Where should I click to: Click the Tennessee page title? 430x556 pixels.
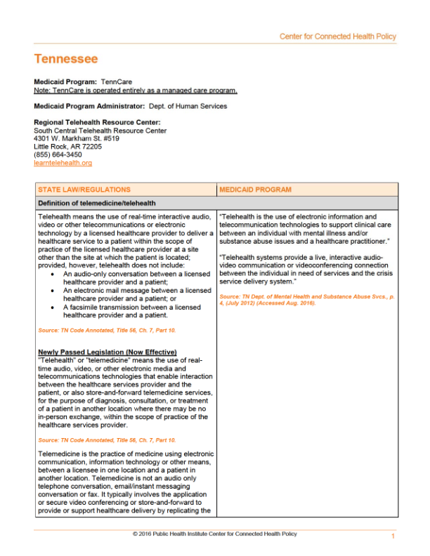(x=66, y=59)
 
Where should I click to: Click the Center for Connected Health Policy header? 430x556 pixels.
(x=337, y=37)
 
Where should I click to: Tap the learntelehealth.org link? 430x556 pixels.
(x=63, y=163)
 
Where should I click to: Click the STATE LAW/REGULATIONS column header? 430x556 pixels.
(x=84, y=190)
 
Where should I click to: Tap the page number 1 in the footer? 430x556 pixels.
(x=393, y=537)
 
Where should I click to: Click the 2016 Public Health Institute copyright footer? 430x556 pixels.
(x=214, y=534)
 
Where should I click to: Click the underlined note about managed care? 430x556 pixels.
(x=136, y=90)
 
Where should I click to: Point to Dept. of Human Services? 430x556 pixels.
(x=188, y=106)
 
